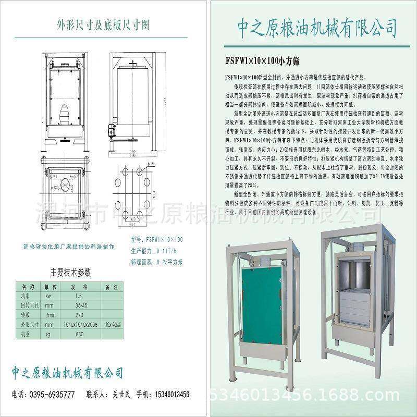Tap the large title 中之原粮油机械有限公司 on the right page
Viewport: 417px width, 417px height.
[x=311, y=26]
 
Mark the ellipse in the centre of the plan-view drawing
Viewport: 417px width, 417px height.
[x=68, y=183]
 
